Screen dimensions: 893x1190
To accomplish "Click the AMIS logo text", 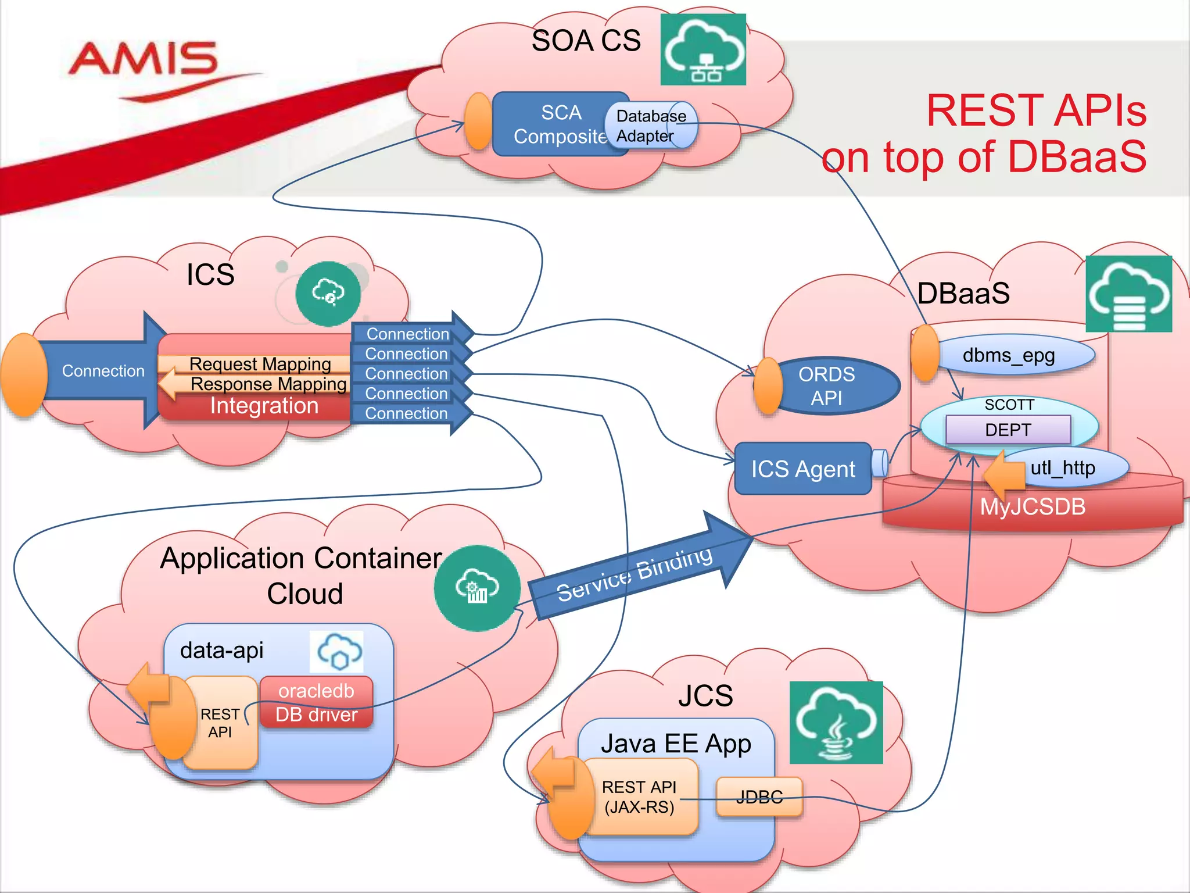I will tap(143, 59).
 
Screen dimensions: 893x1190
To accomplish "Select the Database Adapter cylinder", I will tap(651, 126).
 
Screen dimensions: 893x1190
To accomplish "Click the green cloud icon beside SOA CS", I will tap(703, 50).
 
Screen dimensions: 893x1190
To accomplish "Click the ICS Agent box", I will tap(802, 469).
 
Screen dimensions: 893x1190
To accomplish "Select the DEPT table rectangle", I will tap(1008, 430).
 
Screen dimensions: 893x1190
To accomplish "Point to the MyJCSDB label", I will tap(1033, 506).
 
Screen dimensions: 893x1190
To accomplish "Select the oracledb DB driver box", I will tap(316, 702).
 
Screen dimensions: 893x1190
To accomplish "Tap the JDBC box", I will tap(759, 797).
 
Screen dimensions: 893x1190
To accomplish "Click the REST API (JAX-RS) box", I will tap(639, 797).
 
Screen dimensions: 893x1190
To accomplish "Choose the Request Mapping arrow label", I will tap(260, 364).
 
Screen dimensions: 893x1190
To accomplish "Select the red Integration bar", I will tap(264, 406).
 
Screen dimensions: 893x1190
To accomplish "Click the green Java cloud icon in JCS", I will tap(836, 723).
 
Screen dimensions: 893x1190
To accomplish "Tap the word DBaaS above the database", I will tap(963, 293).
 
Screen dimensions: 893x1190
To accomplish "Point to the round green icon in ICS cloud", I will tap(328, 293).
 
